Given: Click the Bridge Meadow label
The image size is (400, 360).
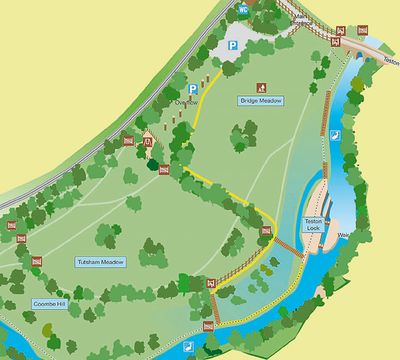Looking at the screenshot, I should [261, 101].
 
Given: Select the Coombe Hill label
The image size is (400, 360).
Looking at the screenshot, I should [48, 303].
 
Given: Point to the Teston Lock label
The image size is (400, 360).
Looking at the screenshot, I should [315, 224].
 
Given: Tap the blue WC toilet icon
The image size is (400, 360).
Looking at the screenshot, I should [243, 9].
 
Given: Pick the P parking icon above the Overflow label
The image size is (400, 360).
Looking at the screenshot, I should [193, 88].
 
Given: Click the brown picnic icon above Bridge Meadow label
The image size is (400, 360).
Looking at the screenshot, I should [262, 87].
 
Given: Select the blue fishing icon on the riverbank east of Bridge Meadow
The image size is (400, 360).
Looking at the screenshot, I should [337, 137].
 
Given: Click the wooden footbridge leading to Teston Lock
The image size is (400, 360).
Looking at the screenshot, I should [289, 245].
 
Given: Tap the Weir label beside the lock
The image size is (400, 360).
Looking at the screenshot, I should [344, 236].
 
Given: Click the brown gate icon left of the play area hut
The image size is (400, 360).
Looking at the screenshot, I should [127, 141].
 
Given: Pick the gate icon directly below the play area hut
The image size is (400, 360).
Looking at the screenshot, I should [164, 169].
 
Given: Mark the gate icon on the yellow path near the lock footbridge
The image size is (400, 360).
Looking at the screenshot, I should [266, 231].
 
